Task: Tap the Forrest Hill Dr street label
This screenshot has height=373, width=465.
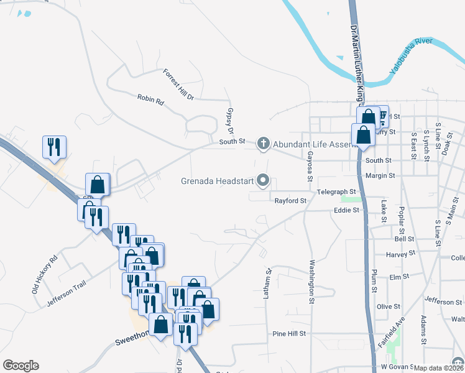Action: (x=179, y=85)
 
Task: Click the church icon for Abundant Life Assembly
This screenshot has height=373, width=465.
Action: (x=263, y=144)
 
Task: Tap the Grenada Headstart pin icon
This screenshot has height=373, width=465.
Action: (x=263, y=181)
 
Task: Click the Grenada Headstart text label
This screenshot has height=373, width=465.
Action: (x=216, y=182)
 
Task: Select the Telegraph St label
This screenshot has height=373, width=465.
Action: (x=336, y=191)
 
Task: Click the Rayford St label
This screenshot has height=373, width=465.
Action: (x=291, y=201)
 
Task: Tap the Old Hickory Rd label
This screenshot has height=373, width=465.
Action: (x=44, y=274)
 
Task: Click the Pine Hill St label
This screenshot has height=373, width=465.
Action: (x=290, y=334)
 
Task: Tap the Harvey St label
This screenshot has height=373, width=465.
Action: (x=400, y=254)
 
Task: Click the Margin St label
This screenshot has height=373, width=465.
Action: (x=380, y=176)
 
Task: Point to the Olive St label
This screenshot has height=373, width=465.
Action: (x=389, y=306)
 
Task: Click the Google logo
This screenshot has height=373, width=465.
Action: (x=21, y=366)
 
